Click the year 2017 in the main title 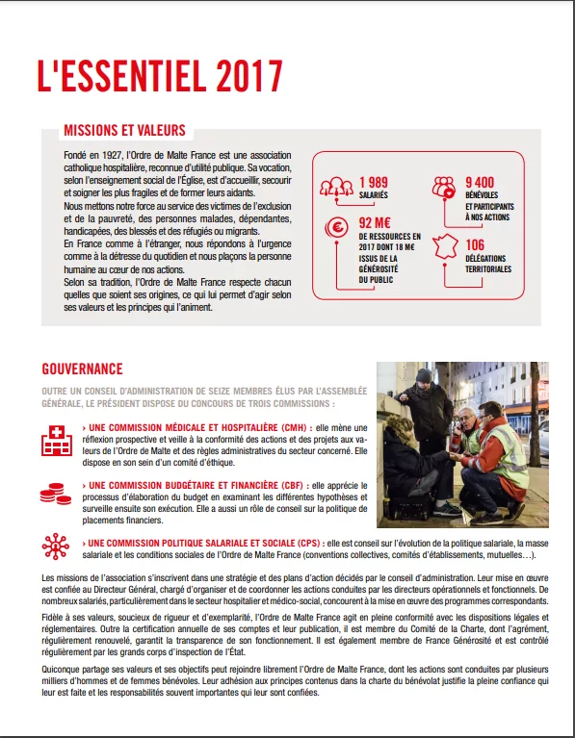(x=248, y=76)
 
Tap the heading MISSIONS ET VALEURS (x=125, y=130)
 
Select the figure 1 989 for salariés (x=374, y=182)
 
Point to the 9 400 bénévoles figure (x=480, y=182)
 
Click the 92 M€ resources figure (x=375, y=222)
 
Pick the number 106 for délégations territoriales (x=475, y=244)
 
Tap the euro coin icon (x=336, y=228)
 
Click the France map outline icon (x=445, y=246)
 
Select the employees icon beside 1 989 (x=336, y=187)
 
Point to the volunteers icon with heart (x=444, y=187)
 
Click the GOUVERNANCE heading (x=82, y=369)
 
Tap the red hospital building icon (x=57, y=441)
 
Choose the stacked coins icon (x=56, y=494)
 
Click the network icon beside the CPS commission (x=56, y=547)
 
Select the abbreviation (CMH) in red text (x=298, y=428)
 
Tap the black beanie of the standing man (x=424, y=375)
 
